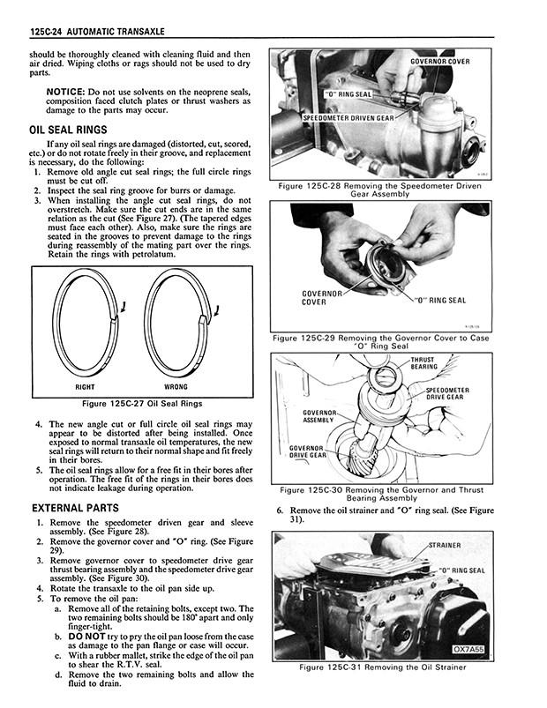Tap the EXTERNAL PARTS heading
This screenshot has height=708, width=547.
click(76, 509)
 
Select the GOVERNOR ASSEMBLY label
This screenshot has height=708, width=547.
click(320, 415)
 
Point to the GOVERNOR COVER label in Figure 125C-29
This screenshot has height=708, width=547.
click(314, 296)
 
